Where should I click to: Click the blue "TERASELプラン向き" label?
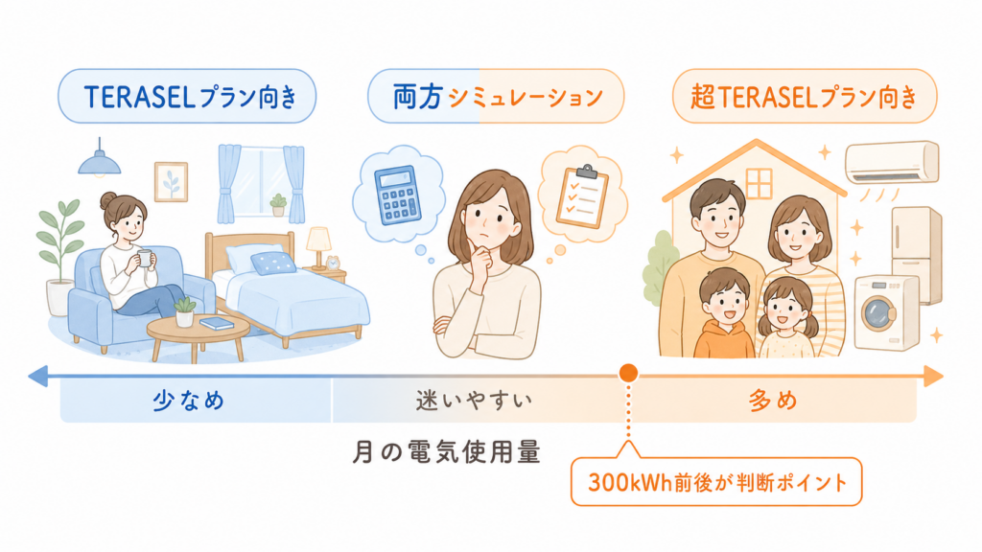tap(187, 97)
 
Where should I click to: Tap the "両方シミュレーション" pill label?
tap(496, 97)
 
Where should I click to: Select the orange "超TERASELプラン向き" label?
tap(805, 97)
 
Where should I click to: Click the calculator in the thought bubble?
tap(398, 194)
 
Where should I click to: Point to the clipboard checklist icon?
tap(582, 196)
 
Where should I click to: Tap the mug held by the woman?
tap(145, 258)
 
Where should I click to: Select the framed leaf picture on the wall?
tap(171, 181)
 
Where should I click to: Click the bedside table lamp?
tap(318, 247)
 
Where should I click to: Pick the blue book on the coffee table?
tap(218, 323)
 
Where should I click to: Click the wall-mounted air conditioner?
tap(892, 162)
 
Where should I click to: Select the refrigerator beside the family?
tap(916, 253)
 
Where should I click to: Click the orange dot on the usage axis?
tap(628, 373)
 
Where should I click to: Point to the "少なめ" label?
tap(188, 401)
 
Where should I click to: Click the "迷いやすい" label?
tap(474, 401)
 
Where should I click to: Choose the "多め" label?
tap(773, 401)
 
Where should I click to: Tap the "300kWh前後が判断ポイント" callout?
tap(716, 482)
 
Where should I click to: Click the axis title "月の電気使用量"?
tap(446, 452)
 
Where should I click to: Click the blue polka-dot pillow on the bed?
tap(273, 263)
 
